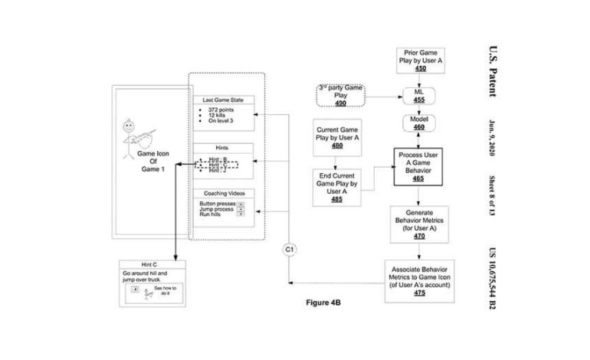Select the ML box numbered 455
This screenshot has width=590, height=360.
(x=420, y=96)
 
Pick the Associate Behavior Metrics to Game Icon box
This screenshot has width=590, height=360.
(x=420, y=281)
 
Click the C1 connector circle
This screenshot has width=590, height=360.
(x=290, y=250)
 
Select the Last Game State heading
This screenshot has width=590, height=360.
(x=222, y=100)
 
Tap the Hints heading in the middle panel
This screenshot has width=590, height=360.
(x=222, y=147)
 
